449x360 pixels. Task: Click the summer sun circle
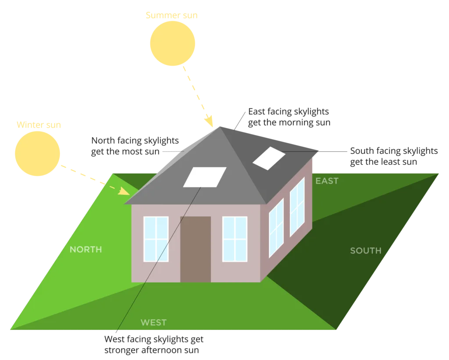point(172,43)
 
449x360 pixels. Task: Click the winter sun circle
point(37,153)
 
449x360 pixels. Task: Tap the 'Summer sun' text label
point(171,15)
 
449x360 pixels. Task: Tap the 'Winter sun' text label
point(39,125)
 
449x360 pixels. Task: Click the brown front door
point(196,249)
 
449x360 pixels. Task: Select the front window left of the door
point(156,239)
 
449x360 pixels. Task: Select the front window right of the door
point(235,239)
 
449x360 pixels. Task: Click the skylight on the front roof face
point(205,177)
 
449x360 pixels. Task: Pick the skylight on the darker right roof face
point(269,158)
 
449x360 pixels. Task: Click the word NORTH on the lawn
point(86,250)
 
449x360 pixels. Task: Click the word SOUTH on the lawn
point(366,250)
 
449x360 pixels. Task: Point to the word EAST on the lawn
point(327,181)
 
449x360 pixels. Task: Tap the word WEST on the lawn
point(153,322)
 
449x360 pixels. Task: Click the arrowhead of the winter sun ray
point(124,191)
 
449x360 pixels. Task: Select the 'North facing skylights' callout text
point(135,146)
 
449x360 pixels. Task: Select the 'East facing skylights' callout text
point(289,117)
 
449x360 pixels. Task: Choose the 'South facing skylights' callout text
point(394,156)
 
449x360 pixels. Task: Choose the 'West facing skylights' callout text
point(154,344)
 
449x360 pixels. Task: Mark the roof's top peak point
point(220,127)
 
